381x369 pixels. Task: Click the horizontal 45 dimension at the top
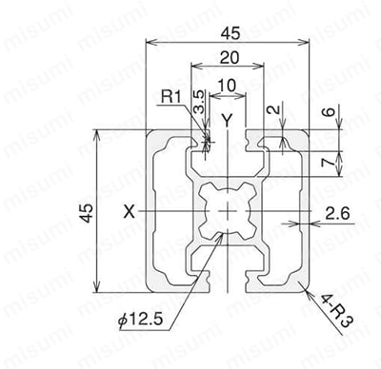pos(231,33)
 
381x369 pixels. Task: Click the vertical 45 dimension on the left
pos(87,213)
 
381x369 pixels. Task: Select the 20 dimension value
pos(230,58)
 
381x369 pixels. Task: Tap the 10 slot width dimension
pos(228,86)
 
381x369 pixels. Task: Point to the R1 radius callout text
pos(171,97)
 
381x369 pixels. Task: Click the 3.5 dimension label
pos(199,102)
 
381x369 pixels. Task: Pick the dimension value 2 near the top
pos(273,109)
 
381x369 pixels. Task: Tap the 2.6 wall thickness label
pos(337,214)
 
